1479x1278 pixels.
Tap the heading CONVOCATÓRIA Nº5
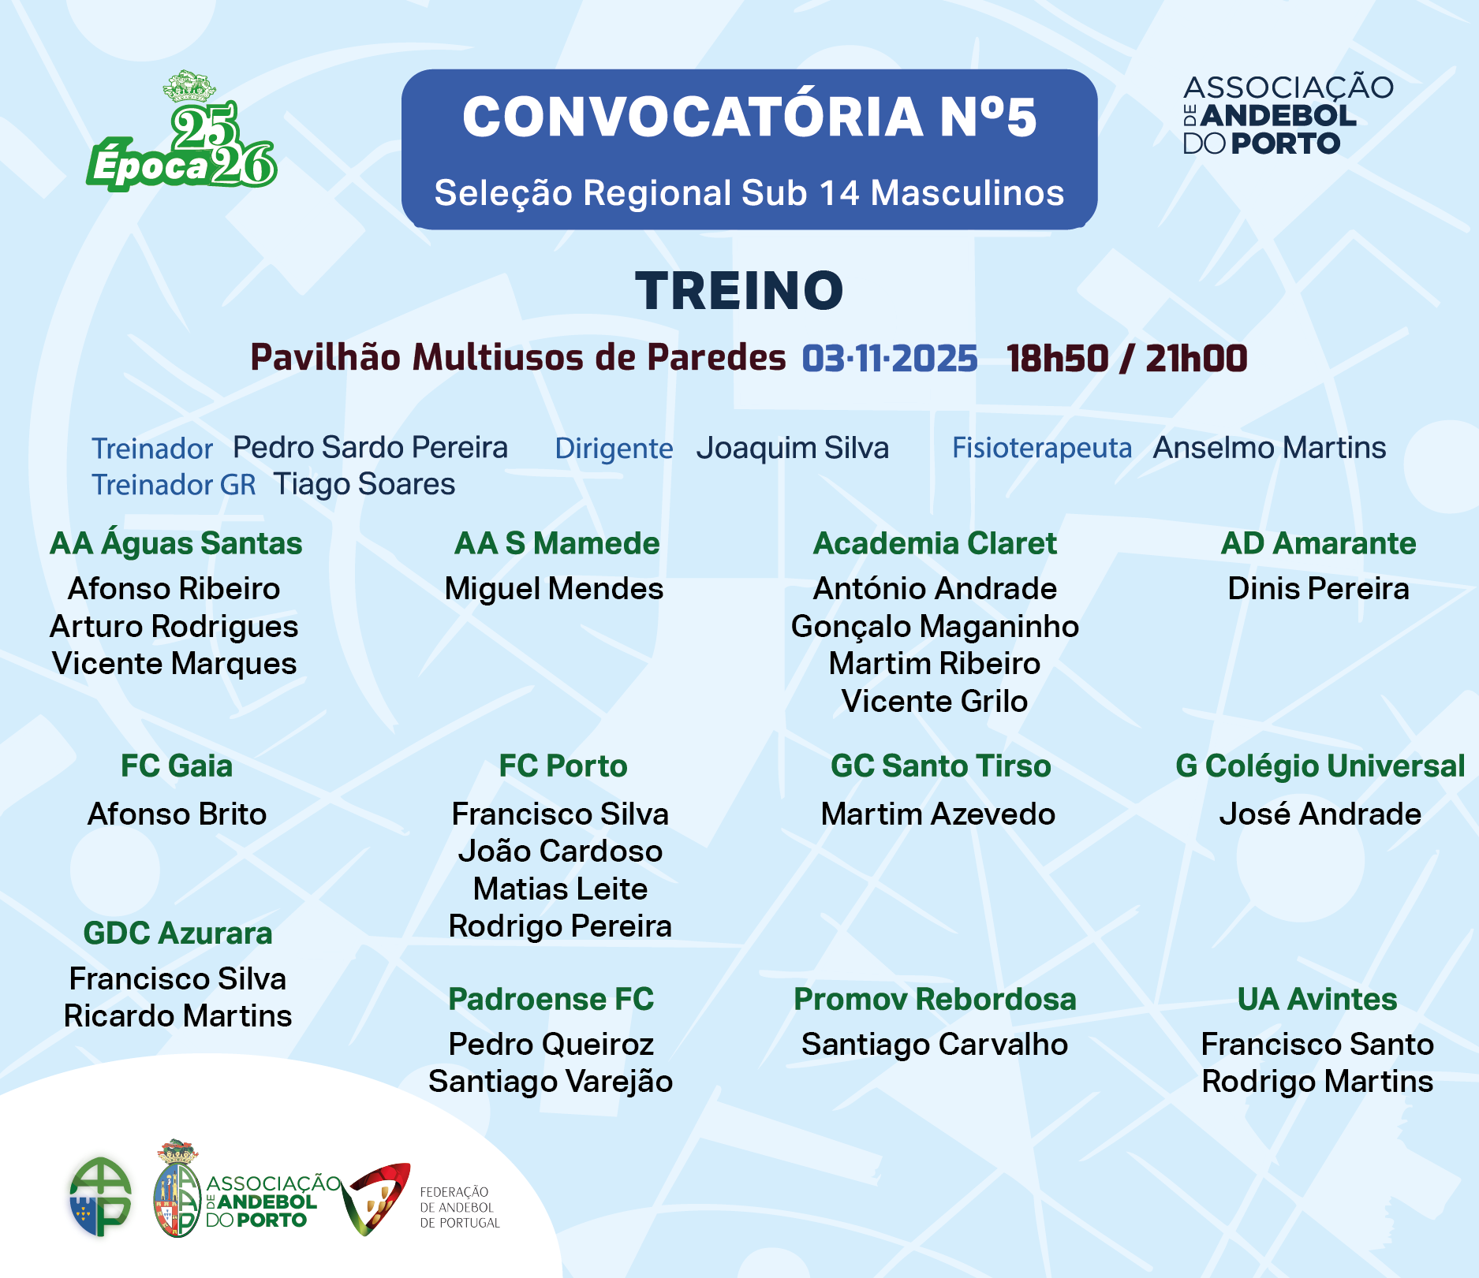coord(749,117)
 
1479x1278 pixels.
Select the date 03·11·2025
coord(890,359)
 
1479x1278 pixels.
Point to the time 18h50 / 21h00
coord(1127,359)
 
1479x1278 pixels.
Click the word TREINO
coord(740,290)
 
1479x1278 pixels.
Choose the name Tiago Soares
coord(364,484)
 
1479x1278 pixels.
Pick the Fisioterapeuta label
coord(1042,449)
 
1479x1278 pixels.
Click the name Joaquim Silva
coord(793,448)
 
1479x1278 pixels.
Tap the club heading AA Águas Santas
coord(176,543)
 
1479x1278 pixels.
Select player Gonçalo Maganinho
coord(935,627)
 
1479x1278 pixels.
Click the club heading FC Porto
coord(563,766)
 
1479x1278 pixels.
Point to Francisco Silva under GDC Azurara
coord(177,978)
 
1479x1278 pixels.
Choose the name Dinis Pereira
coord(1318,589)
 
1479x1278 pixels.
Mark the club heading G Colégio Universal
coord(1320,766)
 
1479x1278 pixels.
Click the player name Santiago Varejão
coord(551,1082)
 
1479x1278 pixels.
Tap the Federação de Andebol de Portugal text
coord(460,1208)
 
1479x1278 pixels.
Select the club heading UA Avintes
coord(1317,1000)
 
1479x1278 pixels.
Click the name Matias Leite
coord(560,889)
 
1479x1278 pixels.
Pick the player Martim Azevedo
coord(938,814)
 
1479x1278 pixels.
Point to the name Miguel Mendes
coord(554,589)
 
